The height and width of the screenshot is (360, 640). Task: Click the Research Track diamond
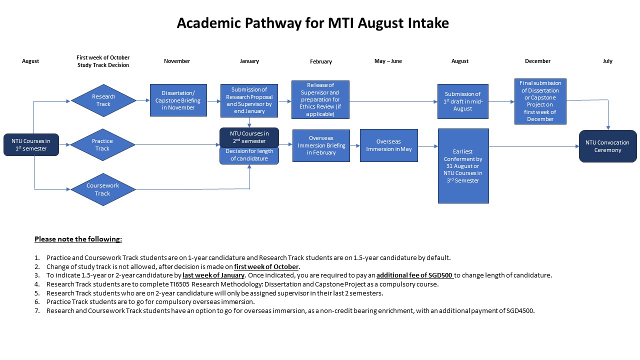click(x=103, y=100)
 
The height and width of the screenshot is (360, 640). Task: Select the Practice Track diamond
click(x=102, y=145)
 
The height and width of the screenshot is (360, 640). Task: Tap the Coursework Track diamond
click(x=102, y=189)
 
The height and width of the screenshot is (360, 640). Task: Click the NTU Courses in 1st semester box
click(x=31, y=144)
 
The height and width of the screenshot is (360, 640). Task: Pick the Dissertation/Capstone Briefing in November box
click(x=178, y=100)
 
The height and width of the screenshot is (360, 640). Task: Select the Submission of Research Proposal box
click(x=249, y=100)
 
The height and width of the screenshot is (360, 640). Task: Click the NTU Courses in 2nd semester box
click(x=249, y=137)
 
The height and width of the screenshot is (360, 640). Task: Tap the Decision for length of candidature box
click(x=249, y=155)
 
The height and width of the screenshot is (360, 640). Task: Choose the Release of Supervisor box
click(x=320, y=99)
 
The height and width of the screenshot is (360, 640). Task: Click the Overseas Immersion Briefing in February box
click(x=321, y=145)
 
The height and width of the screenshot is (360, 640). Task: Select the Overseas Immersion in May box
click(x=388, y=145)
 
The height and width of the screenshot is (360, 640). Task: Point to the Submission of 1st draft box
click(x=462, y=101)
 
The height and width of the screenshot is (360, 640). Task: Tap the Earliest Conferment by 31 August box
click(x=463, y=165)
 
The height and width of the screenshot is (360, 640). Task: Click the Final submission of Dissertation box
click(x=540, y=101)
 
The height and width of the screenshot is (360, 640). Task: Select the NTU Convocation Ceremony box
click(x=607, y=146)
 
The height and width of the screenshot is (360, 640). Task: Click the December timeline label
click(x=537, y=61)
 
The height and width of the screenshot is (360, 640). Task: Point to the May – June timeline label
click(x=388, y=61)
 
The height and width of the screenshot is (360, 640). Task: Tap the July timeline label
click(x=607, y=61)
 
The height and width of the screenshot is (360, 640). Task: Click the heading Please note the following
click(x=78, y=239)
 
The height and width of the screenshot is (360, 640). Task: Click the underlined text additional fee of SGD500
click(x=415, y=275)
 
